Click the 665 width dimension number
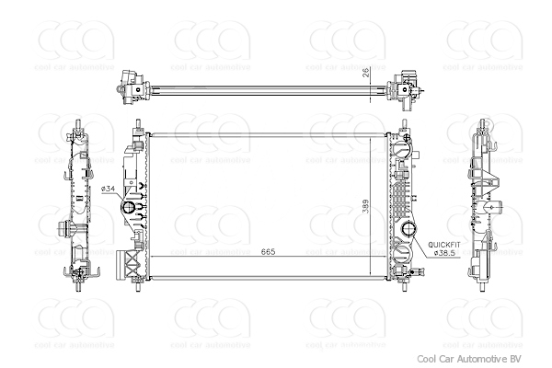point(269,250)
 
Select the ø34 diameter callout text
point(108,189)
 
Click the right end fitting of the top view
point(406,87)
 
